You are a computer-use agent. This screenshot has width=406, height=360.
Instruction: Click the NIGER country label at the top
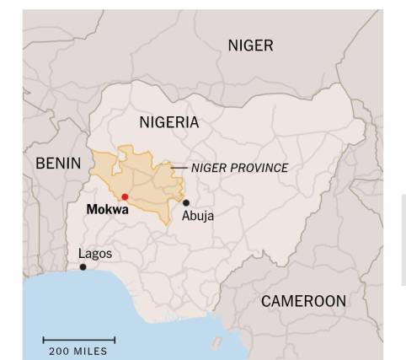[x=250, y=46]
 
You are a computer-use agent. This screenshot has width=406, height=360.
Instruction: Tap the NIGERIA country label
[x=169, y=122]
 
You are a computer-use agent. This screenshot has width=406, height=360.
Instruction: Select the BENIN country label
[x=58, y=164]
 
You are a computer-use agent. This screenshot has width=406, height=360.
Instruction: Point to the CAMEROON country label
[x=303, y=301]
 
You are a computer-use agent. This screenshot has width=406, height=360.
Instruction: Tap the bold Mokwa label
[x=108, y=209]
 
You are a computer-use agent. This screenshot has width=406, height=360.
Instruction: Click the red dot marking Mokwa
[x=125, y=196]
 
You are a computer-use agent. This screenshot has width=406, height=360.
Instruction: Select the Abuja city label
[x=198, y=216]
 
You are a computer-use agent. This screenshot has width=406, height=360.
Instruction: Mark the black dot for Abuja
[x=186, y=202]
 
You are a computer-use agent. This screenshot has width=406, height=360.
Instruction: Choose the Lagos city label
[x=94, y=253]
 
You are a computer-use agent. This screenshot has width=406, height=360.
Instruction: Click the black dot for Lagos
[x=83, y=267]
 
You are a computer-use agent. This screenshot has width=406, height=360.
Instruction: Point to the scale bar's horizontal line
[x=79, y=341]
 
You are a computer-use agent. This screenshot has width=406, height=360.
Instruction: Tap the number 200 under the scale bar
[x=59, y=352]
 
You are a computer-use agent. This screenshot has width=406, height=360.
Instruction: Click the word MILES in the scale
[x=90, y=352]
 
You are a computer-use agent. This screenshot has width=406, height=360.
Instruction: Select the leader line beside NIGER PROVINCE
[x=179, y=168]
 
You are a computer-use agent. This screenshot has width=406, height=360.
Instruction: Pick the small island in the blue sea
[x=216, y=343]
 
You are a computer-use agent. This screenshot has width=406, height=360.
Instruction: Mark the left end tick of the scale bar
[x=44, y=341]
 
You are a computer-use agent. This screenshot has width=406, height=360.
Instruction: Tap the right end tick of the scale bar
[x=115, y=341]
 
